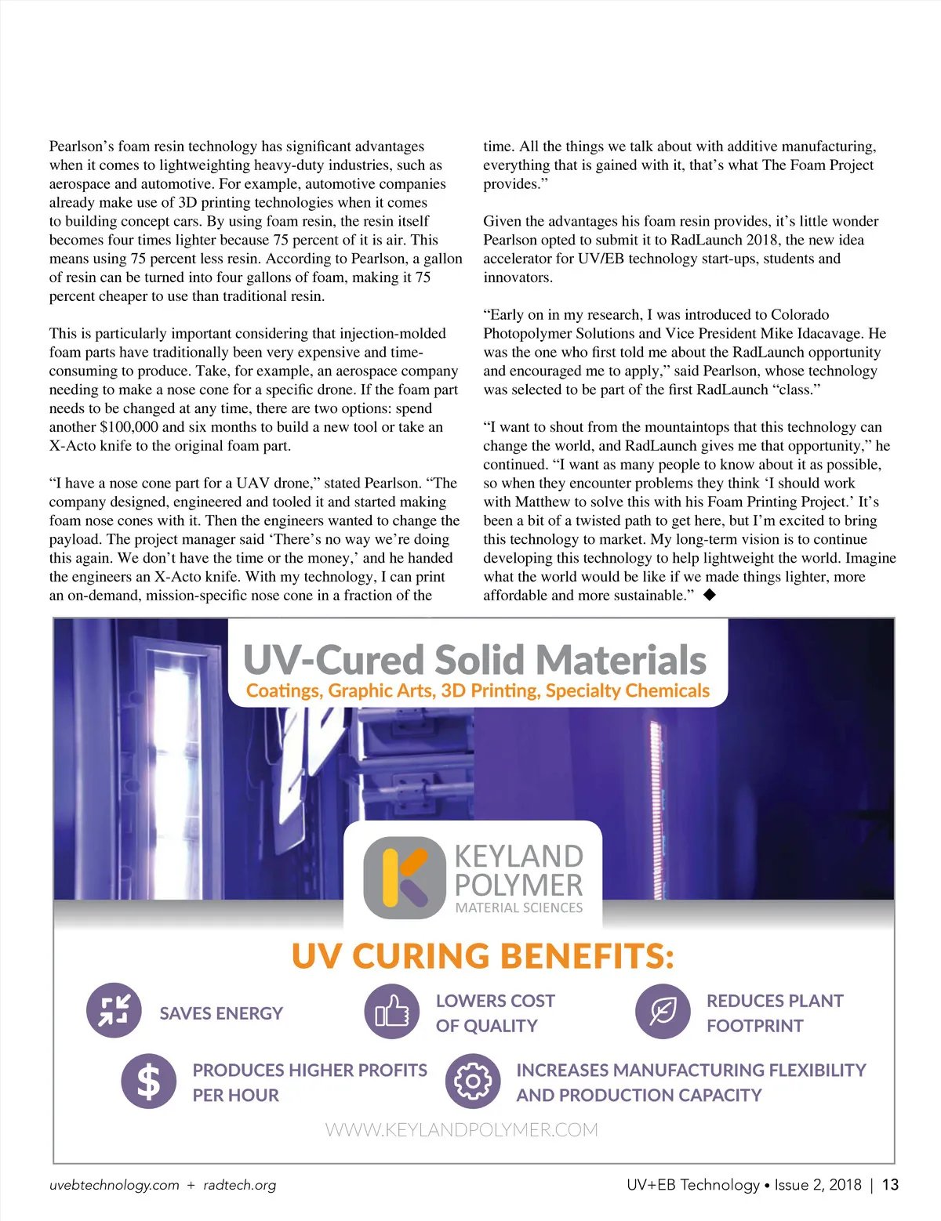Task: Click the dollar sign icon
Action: point(148,1082)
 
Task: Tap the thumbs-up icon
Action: point(392,1012)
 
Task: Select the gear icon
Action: point(472,1082)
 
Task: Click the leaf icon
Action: point(663,1012)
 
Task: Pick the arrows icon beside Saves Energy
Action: point(114,1010)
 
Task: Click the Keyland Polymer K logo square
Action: point(405,878)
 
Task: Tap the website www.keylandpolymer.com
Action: point(461,1130)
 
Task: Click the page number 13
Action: point(890,1185)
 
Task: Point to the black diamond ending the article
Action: point(710,595)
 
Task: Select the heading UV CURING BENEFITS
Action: point(482,956)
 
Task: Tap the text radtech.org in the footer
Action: point(239,1185)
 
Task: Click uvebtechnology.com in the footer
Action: point(114,1185)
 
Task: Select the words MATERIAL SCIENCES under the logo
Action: point(519,908)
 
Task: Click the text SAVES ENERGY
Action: point(221,1013)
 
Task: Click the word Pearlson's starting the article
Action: point(82,147)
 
